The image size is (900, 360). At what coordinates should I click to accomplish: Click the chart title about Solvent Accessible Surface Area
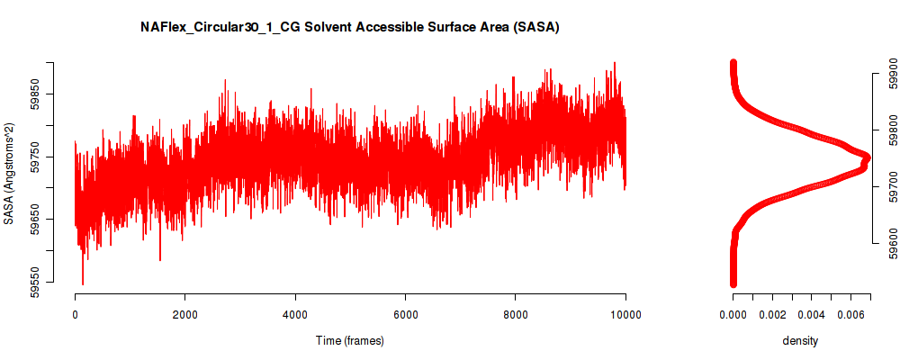350,27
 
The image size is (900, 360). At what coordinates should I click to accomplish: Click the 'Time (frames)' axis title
349,341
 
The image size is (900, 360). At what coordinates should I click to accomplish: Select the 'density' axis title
800,341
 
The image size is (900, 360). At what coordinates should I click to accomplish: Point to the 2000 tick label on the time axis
184,314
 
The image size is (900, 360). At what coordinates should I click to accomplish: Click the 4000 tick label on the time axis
295,314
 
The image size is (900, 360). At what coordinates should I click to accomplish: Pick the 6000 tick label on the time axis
405,314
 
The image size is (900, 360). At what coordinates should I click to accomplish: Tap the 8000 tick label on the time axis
515,314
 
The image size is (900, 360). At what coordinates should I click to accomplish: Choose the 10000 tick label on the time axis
625,314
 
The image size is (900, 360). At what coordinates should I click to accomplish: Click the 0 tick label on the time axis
75,314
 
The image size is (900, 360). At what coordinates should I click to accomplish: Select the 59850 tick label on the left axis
34,93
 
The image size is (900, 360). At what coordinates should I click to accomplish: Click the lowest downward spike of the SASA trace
83,284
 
